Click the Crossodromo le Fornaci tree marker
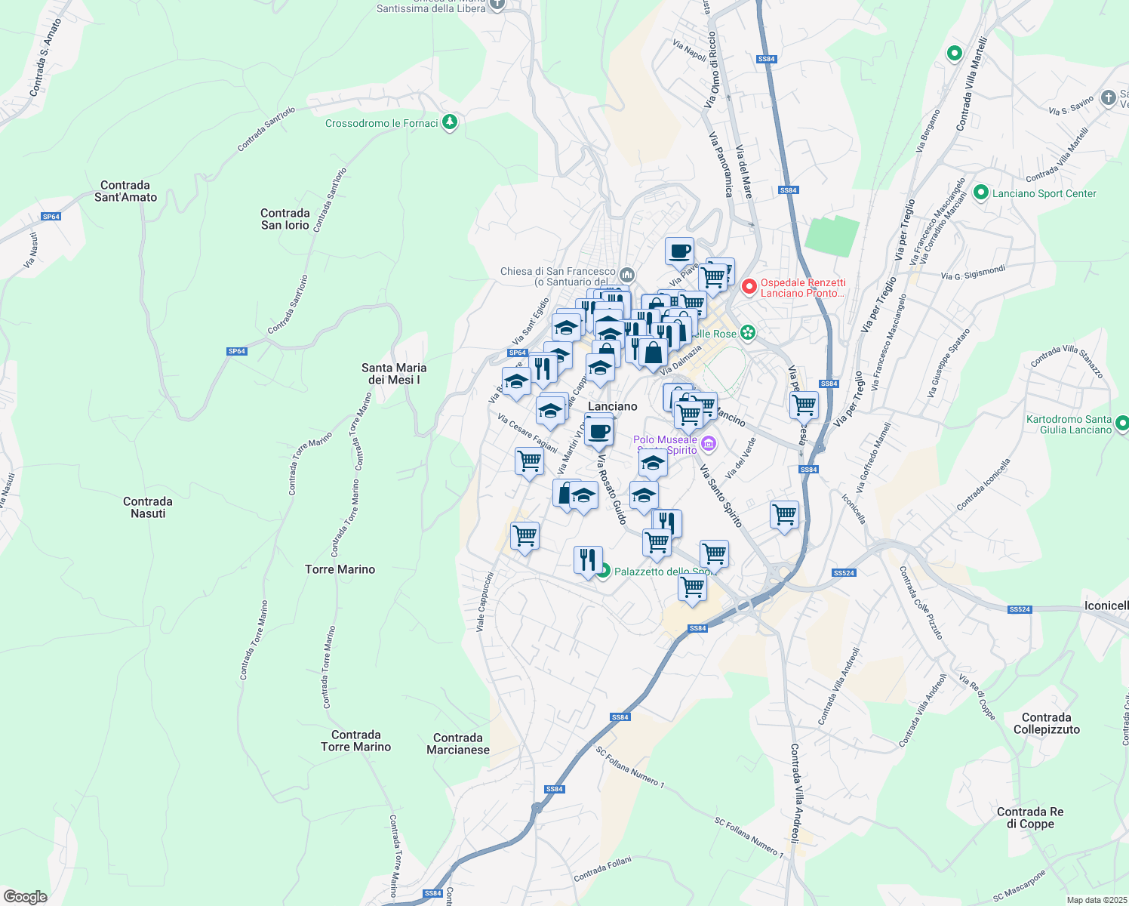tap(450, 122)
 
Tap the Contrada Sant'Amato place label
tap(125, 191)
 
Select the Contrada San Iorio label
tap(285, 219)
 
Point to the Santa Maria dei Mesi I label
tap(394, 374)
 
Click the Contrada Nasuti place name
tap(148, 507)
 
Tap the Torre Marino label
tap(340, 569)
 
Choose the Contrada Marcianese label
tap(458, 744)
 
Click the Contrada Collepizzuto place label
tap(1047, 723)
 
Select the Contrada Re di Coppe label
tap(1030, 818)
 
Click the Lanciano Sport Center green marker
tap(981, 193)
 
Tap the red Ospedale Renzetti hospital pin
tap(749, 287)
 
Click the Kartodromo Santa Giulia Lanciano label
tap(1069, 424)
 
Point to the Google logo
tap(26, 897)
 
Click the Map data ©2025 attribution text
tap(1096, 900)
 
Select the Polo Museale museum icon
tap(707, 442)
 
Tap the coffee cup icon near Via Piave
tap(679, 251)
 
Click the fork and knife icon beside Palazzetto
tap(588, 560)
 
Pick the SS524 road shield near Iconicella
tap(1019, 609)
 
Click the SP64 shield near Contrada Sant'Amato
tap(51, 217)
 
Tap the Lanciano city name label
tap(612, 406)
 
